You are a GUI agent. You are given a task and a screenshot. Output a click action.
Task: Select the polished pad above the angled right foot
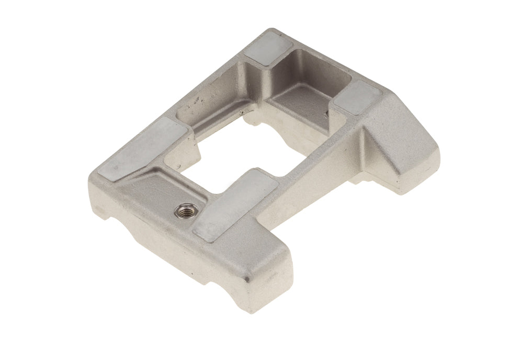pos(358,97)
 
